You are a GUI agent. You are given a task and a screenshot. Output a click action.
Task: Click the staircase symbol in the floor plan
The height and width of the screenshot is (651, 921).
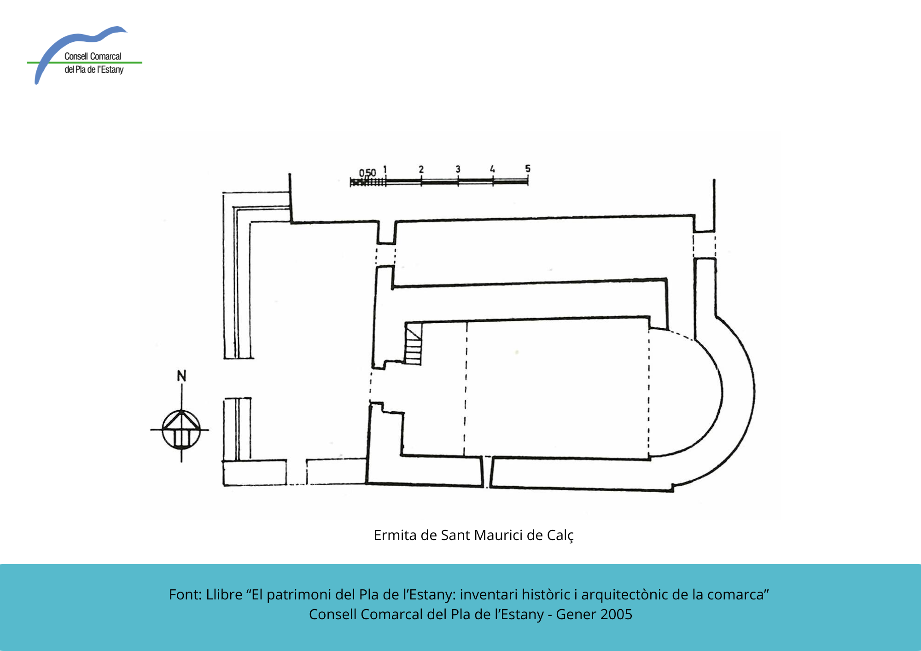click(413, 344)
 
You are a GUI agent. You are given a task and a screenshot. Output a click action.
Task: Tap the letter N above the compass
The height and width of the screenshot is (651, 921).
click(182, 376)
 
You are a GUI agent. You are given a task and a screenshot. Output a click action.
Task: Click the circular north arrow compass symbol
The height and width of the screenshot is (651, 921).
click(181, 430)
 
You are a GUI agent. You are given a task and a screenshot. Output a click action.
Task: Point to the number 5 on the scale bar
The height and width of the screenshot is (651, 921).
click(528, 169)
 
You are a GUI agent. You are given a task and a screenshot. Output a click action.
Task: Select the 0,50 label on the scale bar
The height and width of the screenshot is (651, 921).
click(367, 173)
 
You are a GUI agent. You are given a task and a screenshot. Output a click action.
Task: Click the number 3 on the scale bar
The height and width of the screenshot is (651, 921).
click(458, 169)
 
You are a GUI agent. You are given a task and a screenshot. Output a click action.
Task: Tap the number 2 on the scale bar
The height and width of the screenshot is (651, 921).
click(421, 169)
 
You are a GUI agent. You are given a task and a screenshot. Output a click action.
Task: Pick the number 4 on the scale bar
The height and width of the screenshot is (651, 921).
click(492, 169)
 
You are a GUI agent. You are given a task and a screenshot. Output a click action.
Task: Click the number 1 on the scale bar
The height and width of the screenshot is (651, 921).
click(385, 169)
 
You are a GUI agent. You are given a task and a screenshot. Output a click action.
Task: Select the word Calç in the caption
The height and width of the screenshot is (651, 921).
click(560, 535)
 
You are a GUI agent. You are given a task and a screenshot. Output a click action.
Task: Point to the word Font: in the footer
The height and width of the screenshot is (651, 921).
click(186, 594)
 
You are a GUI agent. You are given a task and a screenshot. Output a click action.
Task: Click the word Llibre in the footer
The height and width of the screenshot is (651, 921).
click(224, 594)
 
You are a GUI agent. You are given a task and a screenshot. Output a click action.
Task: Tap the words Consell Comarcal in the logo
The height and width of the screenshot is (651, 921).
click(93, 56)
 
